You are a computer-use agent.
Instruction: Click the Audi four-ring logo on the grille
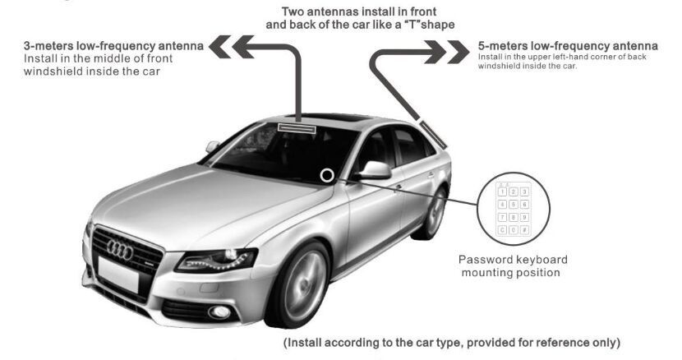point(120,250)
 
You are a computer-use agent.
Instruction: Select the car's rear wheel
point(434,212)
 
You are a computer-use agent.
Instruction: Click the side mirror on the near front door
point(374,170)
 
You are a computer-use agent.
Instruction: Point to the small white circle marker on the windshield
point(327,175)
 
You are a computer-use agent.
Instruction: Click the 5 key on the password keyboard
point(514,205)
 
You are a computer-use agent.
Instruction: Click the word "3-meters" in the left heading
point(48,46)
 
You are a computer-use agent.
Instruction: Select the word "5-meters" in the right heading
point(503,46)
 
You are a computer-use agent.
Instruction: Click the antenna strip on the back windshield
point(434,133)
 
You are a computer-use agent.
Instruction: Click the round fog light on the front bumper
point(219,312)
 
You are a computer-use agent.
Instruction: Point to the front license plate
point(118,275)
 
